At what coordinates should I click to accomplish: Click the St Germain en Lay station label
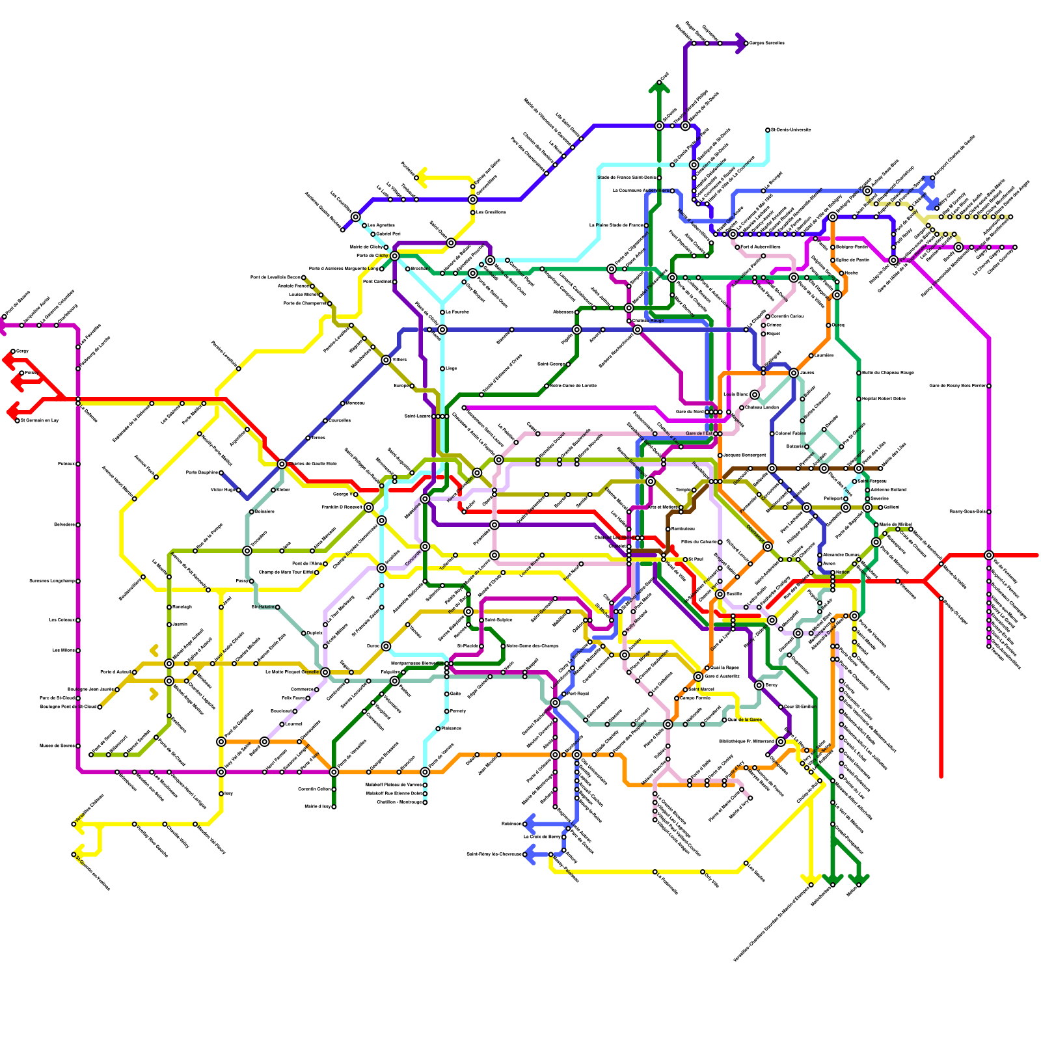click(x=40, y=420)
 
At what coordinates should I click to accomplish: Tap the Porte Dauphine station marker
click(x=221, y=473)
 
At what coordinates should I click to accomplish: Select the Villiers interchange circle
click(x=386, y=360)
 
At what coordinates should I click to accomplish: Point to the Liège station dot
click(x=442, y=369)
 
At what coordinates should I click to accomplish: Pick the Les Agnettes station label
click(x=381, y=226)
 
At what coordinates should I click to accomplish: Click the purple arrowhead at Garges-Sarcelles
click(x=740, y=44)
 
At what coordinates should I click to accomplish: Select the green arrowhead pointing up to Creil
click(x=659, y=87)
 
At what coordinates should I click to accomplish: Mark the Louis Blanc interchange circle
click(x=755, y=395)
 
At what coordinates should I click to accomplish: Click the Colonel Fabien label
click(x=791, y=433)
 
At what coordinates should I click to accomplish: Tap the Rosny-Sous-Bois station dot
click(x=989, y=512)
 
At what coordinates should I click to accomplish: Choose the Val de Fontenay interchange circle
click(x=989, y=555)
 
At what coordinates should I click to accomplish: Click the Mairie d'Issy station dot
click(x=334, y=807)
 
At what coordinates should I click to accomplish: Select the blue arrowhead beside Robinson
click(x=530, y=824)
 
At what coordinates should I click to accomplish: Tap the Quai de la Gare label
click(x=746, y=720)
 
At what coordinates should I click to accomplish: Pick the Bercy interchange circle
click(x=759, y=685)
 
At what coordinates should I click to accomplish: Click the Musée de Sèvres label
click(x=57, y=746)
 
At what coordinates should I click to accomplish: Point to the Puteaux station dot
click(x=78, y=464)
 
